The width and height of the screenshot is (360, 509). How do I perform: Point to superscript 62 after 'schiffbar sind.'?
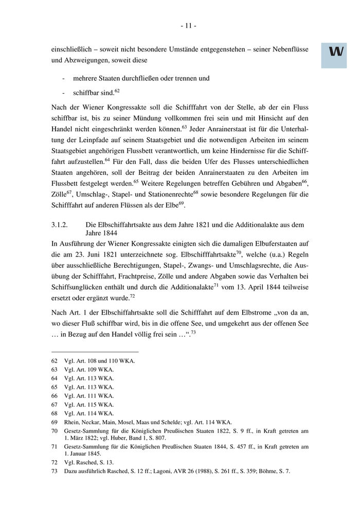pyautogui.click(x=117, y=90)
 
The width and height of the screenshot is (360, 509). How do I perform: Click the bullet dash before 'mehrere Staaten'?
pyautogui.click(x=63, y=79)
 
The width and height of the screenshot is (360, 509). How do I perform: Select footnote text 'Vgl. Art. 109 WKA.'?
pyautogui.click(x=89, y=369)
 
